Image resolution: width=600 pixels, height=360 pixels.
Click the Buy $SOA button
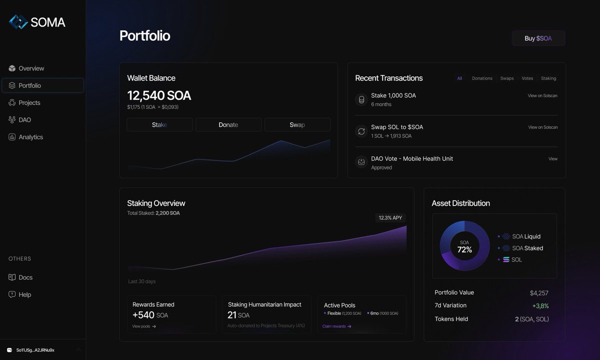tap(538, 38)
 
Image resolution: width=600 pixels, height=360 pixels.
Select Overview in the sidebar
tap(31, 68)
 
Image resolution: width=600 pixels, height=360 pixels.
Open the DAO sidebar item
tap(24, 120)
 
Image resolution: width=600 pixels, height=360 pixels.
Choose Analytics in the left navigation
tap(30, 137)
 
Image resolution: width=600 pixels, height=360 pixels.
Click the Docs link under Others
tap(25, 277)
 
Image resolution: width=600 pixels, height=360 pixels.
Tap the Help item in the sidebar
tap(24, 294)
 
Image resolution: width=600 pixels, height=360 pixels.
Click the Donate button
tap(228, 124)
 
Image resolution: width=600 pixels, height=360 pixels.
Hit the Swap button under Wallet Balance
tap(297, 124)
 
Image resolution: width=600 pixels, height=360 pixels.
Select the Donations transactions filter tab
tap(482, 78)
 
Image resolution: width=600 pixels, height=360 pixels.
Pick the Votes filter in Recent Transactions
tap(527, 78)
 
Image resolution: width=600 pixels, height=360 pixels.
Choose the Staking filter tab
tap(548, 78)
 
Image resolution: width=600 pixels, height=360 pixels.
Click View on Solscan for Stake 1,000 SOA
tap(542, 95)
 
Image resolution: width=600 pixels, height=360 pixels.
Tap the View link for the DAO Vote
tap(552, 159)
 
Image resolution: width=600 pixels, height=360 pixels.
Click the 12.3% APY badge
tap(390, 218)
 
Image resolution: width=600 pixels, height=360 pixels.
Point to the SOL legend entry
tap(516, 260)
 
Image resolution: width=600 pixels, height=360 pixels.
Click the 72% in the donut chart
tap(464, 249)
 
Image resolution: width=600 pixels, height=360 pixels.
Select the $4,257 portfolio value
tap(539, 293)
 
